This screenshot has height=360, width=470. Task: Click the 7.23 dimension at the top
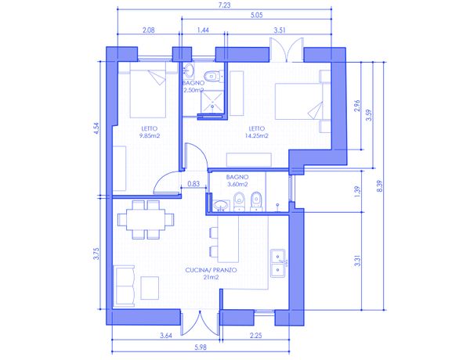(x=225, y=5)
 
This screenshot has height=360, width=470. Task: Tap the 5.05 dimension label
(x=257, y=15)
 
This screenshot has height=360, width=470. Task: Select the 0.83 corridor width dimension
(x=193, y=184)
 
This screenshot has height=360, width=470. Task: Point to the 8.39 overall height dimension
(x=379, y=186)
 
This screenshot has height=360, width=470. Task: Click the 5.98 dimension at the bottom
(x=201, y=347)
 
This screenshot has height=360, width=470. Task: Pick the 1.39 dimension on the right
(x=357, y=192)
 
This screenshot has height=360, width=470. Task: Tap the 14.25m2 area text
(x=257, y=135)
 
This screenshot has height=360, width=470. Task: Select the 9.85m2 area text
(x=150, y=135)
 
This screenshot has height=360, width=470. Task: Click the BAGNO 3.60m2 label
(x=237, y=181)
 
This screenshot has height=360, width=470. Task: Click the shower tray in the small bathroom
(x=212, y=101)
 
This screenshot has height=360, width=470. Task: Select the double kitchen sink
(x=278, y=263)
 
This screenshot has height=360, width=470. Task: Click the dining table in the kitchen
(x=146, y=220)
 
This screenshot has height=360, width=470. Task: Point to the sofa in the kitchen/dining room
(x=124, y=286)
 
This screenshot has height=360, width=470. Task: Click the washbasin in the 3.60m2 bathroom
(x=221, y=206)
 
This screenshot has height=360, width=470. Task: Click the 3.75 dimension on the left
(x=96, y=254)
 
